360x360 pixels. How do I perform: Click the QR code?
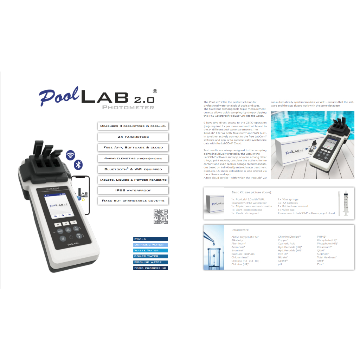(x=161, y=217)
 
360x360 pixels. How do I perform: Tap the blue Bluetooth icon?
(x=78, y=165)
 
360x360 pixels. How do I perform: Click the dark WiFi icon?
(x=71, y=155)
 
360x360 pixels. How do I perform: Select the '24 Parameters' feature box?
(x=133, y=137)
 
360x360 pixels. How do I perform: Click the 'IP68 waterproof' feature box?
(x=133, y=191)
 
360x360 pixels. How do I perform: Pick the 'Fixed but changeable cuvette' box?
(x=133, y=201)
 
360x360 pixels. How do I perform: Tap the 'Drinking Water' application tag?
(x=150, y=245)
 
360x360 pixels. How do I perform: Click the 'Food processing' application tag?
(x=150, y=268)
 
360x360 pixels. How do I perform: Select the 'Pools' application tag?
(x=150, y=239)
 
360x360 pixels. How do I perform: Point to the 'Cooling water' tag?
(x=150, y=262)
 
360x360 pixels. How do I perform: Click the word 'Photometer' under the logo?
(x=128, y=107)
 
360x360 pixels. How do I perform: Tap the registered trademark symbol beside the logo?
(x=155, y=91)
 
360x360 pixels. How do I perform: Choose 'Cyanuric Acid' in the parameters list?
(x=287, y=244)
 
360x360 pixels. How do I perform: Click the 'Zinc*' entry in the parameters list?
(x=320, y=264)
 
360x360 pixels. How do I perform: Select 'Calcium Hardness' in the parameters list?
(x=243, y=254)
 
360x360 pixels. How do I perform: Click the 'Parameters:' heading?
(x=240, y=230)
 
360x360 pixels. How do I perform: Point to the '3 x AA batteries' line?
(x=288, y=203)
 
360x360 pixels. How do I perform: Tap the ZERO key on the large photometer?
(x=60, y=231)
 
